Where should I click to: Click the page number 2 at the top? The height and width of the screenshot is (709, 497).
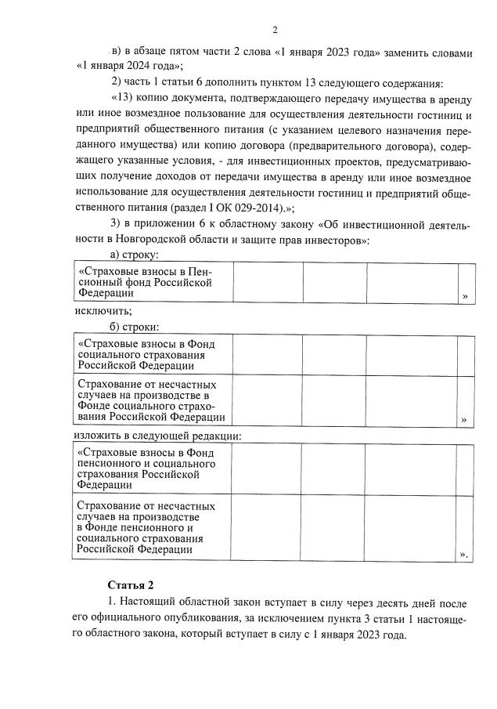pos(275,31)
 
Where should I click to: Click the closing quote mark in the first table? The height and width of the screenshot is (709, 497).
pos(465,296)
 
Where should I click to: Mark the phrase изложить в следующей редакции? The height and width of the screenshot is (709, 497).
pos(157,435)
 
